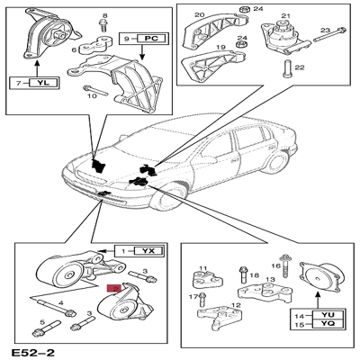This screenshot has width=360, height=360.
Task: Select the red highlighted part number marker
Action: point(114,288)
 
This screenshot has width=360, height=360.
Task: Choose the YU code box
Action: point(328,317)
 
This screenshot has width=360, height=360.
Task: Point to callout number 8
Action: point(105,17)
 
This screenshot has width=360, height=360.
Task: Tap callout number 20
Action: point(201,14)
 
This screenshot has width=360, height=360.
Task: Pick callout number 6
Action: point(76,52)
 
